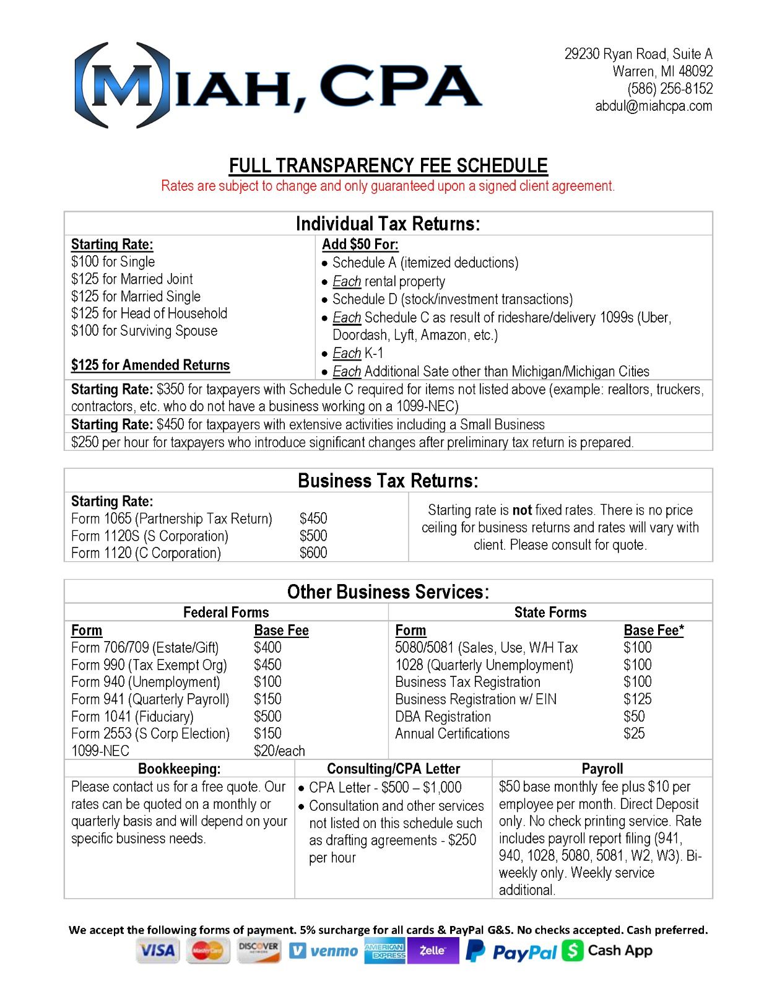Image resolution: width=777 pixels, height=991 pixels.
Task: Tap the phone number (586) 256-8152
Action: coord(669,89)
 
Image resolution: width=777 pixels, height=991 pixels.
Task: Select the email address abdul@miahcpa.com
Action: coord(653,106)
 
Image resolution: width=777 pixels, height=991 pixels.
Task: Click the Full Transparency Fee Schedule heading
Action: coord(388,166)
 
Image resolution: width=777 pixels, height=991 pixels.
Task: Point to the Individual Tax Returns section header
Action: coord(388,224)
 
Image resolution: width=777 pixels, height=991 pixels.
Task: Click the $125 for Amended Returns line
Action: coord(150,365)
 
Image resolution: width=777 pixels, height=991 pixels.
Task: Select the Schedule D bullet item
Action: coord(452,299)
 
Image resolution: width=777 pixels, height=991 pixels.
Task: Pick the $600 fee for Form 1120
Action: coord(313,553)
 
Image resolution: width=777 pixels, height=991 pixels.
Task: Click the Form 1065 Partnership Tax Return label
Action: coord(171,519)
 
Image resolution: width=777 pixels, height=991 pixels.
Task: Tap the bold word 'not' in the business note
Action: coord(522,510)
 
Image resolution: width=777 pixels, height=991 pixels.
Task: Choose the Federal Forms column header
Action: coord(226,613)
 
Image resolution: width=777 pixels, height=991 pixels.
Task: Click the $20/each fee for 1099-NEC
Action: coord(279,751)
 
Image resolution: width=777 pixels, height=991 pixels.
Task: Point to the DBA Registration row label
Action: coord(443,717)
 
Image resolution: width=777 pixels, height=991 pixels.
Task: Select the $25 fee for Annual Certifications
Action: coord(634,734)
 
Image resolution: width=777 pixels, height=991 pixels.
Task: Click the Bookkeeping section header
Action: coord(179,769)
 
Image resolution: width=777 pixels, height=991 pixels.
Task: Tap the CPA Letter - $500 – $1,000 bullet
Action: coord(385,788)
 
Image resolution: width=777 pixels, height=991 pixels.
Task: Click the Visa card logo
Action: coord(157,951)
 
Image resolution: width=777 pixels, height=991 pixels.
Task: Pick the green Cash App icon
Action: coord(573,951)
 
